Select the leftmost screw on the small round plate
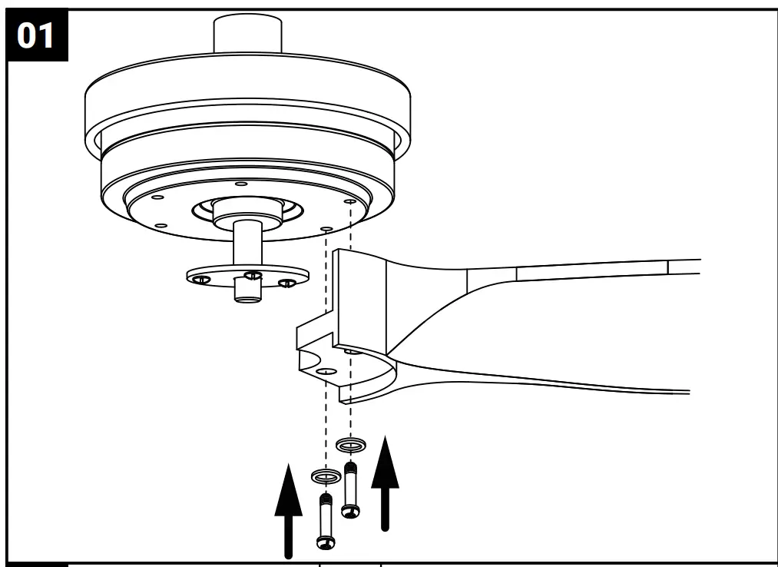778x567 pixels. tap(202, 279)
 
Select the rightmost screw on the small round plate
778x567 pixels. tap(287, 283)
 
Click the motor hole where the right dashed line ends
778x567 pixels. tap(350, 201)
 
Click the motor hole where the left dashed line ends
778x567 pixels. tap(326, 229)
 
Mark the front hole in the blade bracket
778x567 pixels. tap(326, 372)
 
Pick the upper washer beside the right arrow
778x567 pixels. tap(351, 445)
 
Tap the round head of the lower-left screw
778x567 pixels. tap(326, 542)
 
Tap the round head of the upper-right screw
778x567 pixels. tap(351, 510)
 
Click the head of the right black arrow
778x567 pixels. tap(385, 459)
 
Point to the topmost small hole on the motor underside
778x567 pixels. tap(241, 184)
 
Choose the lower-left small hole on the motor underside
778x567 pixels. tap(161, 225)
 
